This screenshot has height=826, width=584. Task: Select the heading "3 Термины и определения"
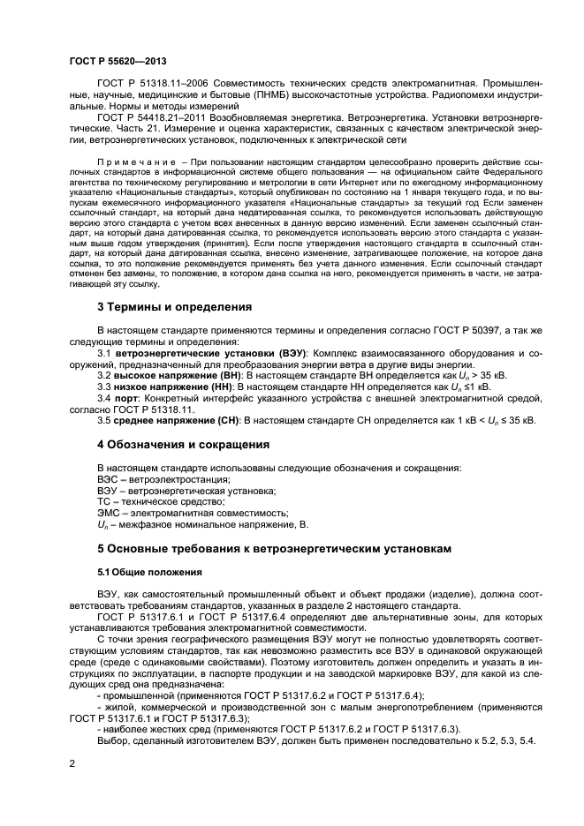click(174, 307)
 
